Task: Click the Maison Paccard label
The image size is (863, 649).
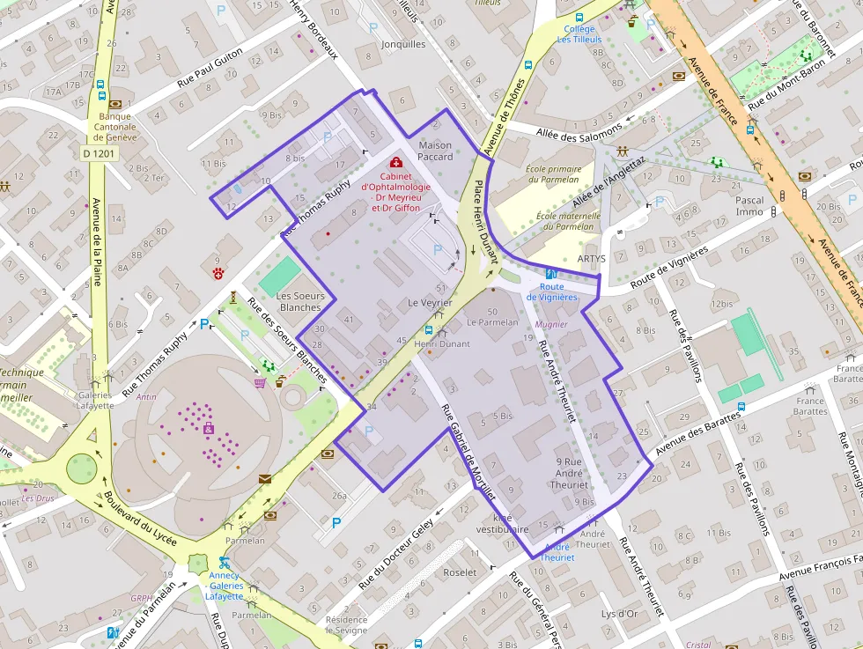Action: (x=434, y=151)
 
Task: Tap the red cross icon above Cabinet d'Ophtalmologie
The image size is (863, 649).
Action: (x=396, y=163)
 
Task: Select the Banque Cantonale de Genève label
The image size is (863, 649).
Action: (x=115, y=127)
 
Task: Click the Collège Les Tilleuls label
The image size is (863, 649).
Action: (x=579, y=34)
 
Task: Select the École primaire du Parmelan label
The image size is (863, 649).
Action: (x=553, y=174)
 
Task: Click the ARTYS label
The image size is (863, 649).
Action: (x=592, y=259)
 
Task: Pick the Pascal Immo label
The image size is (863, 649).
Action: (x=749, y=206)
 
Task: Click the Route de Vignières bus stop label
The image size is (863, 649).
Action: (x=552, y=291)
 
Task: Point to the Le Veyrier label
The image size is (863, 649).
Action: (x=430, y=303)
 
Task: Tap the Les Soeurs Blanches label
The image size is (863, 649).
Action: (x=300, y=301)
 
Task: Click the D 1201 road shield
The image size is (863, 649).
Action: (x=99, y=153)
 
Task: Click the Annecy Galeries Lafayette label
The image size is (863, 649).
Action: (x=225, y=586)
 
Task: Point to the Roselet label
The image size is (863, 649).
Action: (x=461, y=572)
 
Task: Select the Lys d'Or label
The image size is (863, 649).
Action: (x=619, y=614)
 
